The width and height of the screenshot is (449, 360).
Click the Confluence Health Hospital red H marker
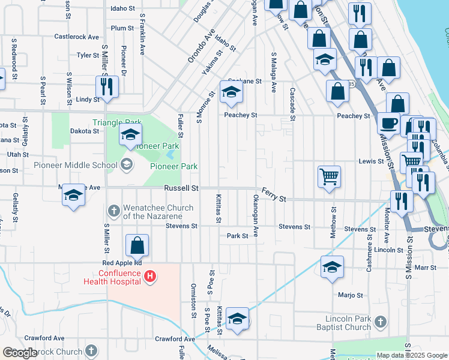(151, 276)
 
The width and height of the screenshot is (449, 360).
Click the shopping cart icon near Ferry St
(329, 177)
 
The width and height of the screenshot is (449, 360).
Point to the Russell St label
(182, 188)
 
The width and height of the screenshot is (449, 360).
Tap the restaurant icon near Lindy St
(107, 86)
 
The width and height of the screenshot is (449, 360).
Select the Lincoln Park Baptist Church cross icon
(379, 323)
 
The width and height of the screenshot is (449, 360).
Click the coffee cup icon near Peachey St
(388, 122)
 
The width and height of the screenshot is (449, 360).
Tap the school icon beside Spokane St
(230, 91)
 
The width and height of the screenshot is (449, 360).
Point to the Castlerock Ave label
(76, 37)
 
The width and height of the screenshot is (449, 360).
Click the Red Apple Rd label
(122, 263)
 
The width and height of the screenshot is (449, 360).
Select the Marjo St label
(351, 295)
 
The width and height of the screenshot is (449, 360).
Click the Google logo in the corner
(20, 352)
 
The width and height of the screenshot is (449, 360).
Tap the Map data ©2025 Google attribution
(412, 355)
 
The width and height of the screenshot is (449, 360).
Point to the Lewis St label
(371, 161)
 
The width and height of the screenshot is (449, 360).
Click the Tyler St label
(88, 55)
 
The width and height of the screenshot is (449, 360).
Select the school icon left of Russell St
(74, 195)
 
